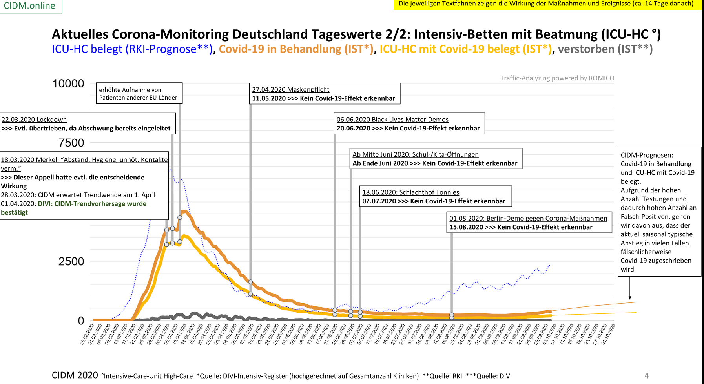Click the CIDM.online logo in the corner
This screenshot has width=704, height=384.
click(x=29, y=6)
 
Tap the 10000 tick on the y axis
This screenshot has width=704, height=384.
click(x=68, y=83)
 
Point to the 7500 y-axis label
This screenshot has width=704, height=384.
click(x=71, y=143)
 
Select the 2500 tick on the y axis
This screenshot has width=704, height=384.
click(x=71, y=261)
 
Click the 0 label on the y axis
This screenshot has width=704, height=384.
click(x=81, y=321)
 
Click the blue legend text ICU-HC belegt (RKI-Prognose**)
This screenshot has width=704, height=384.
click(x=132, y=49)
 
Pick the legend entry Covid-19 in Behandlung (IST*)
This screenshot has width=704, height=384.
click(x=296, y=49)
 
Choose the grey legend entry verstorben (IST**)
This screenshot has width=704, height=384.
click(x=605, y=49)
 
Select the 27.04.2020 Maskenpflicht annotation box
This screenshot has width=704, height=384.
click(x=325, y=94)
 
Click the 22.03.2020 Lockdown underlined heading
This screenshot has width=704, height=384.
click(x=34, y=120)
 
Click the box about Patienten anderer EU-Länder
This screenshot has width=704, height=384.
click(x=139, y=93)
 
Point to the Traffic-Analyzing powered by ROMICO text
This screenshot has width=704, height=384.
click(x=557, y=78)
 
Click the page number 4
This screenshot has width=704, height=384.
click(x=647, y=375)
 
